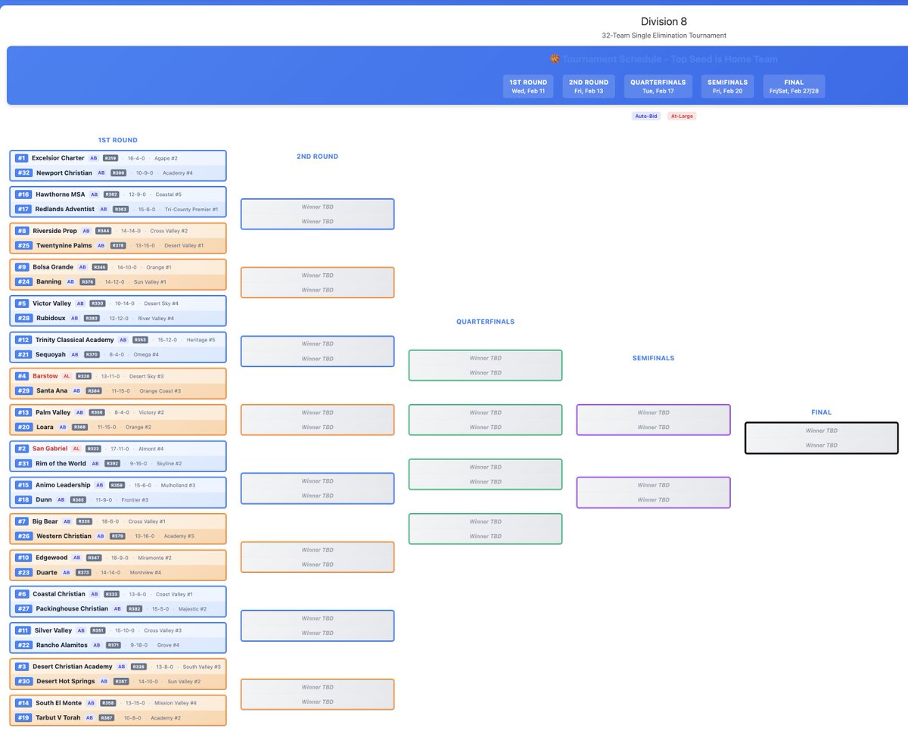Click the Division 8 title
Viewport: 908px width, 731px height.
click(664, 21)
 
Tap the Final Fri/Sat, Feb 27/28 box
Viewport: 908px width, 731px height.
click(794, 86)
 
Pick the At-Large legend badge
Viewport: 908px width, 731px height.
click(681, 116)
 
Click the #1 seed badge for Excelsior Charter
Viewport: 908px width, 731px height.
click(21, 158)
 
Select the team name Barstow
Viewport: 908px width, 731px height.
click(45, 376)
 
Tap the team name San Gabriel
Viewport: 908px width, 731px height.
click(50, 449)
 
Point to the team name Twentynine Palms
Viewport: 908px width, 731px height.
click(64, 246)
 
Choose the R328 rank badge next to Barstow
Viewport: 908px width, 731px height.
click(84, 376)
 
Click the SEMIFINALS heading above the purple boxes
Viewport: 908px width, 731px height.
click(653, 358)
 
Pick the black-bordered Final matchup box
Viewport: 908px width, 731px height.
click(821, 438)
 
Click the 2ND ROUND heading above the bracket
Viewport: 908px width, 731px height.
click(317, 157)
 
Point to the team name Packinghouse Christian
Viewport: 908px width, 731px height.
click(72, 608)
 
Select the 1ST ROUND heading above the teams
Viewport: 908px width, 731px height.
click(117, 140)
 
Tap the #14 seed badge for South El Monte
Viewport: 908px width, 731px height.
click(23, 703)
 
